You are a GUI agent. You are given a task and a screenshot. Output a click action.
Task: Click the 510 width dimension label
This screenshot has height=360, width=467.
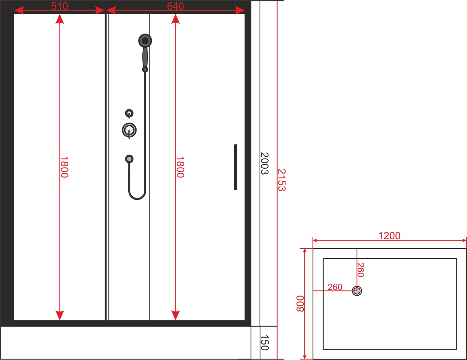[59, 6]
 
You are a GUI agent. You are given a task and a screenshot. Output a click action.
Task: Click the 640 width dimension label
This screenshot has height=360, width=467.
[175, 6]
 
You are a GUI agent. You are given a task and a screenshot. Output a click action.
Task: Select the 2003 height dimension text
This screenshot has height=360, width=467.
[264, 163]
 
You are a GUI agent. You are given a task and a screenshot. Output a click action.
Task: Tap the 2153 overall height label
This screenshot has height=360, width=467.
[282, 180]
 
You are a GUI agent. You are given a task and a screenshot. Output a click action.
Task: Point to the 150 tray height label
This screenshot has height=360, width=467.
[264, 342]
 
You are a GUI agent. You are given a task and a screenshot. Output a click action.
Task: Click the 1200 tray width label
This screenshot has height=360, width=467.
[389, 236]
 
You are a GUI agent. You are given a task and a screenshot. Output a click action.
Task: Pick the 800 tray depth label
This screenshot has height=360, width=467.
[300, 304]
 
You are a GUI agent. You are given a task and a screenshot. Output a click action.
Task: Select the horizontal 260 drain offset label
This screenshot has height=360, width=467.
[335, 287]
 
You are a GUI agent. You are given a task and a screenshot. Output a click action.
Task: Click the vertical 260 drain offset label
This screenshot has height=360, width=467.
[360, 270]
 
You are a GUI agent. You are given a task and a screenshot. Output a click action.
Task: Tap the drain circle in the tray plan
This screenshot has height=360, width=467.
[357, 291]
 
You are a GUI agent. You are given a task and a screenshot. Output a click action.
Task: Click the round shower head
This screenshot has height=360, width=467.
[145, 41]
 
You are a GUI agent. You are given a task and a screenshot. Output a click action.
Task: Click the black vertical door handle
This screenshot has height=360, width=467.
[236, 167]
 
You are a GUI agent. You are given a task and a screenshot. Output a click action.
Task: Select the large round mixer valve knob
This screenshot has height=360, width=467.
[129, 130]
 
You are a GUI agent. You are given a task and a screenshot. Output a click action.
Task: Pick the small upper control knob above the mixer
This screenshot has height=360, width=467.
[129, 113]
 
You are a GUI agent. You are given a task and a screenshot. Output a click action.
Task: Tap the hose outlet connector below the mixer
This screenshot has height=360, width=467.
[129, 159]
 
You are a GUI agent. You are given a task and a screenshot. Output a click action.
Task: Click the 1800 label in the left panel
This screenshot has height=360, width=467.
[64, 167]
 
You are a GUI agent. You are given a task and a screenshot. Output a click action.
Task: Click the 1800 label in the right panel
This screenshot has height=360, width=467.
[180, 167]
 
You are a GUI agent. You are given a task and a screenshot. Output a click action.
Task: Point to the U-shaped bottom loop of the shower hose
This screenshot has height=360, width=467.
[137, 197]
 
